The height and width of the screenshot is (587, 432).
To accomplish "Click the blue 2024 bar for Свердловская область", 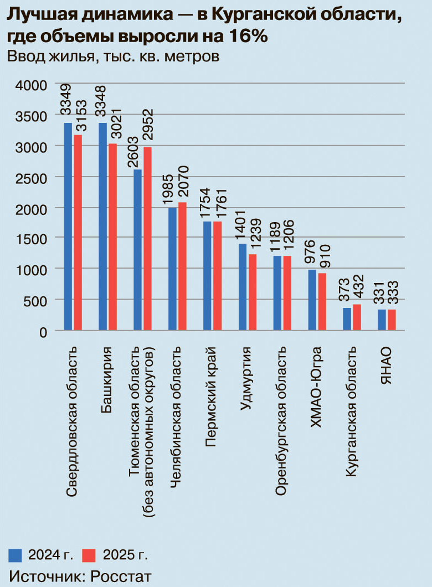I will tap(68, 226).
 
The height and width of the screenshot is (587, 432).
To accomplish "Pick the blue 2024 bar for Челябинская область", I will tap(172, 269).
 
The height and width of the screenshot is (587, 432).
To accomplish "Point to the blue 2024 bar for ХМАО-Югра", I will tap(312, 300).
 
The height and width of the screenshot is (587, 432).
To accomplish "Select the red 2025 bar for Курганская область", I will tap(357, 317).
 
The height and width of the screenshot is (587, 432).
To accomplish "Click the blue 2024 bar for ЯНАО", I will tap(382, 320).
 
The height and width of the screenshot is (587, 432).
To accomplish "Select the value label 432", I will tap(357, 287).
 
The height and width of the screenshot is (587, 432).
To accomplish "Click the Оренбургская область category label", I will tap(281, 421).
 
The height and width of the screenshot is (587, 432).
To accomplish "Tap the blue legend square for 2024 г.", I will tap(16, 554).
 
